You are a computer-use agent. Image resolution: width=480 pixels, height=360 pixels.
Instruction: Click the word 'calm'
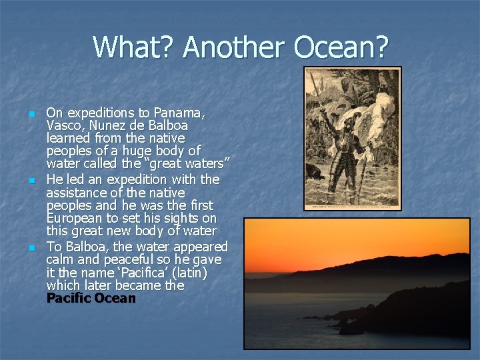(61, 259)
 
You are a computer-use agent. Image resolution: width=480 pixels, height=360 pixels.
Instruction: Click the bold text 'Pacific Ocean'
(91, 299)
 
